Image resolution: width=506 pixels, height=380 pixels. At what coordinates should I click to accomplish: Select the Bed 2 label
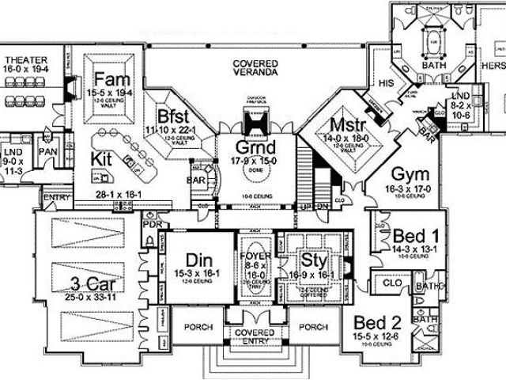point(376,323)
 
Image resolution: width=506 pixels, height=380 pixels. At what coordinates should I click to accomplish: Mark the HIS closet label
point(387,82)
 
